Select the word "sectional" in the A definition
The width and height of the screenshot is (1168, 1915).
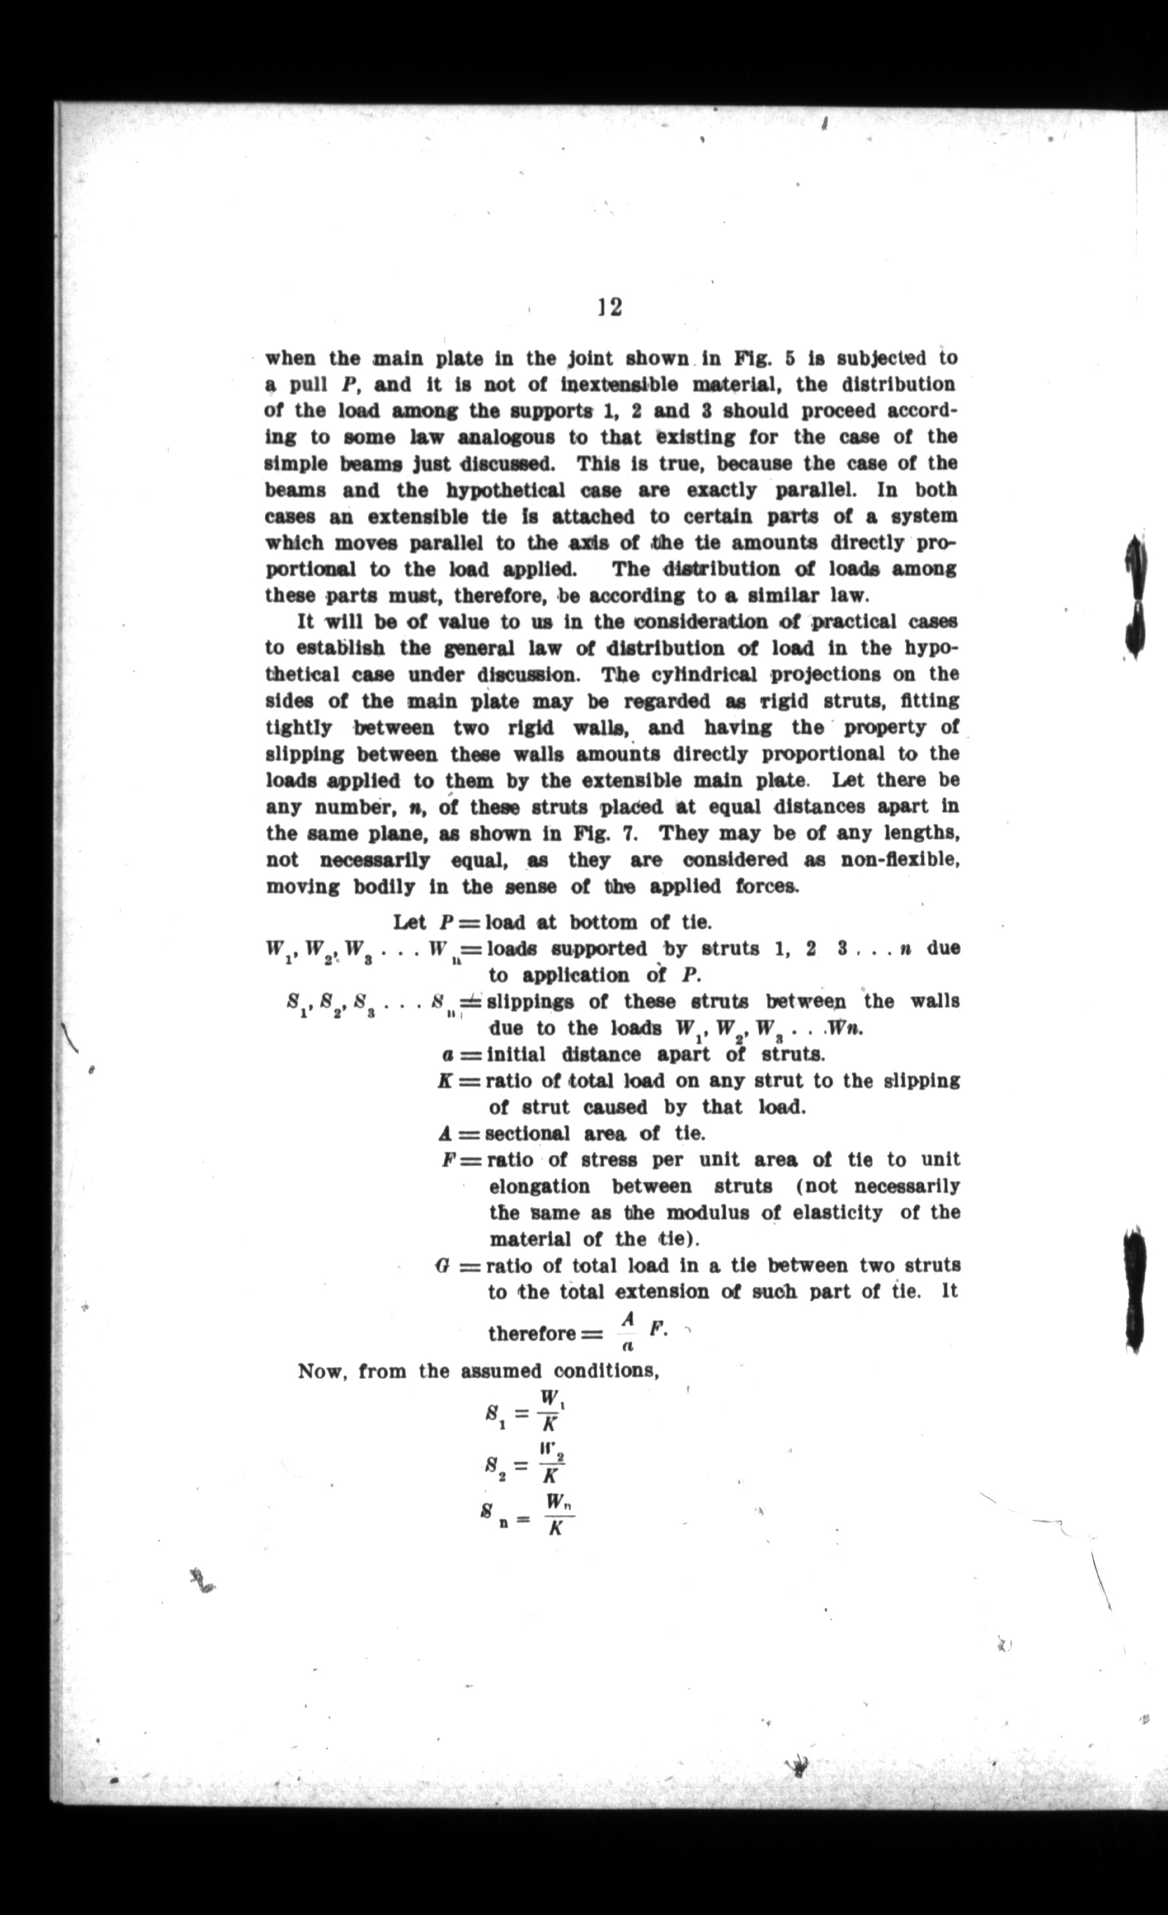527,1134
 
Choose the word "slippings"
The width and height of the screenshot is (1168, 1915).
531,1002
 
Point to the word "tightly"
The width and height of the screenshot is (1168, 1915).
299,727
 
